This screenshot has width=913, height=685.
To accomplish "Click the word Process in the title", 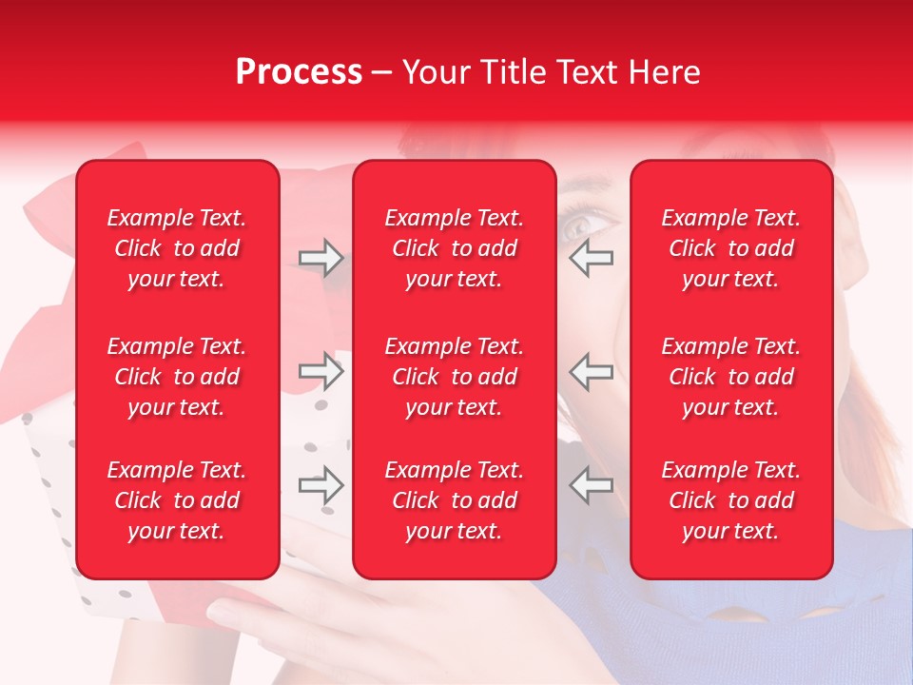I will tap(299, 72).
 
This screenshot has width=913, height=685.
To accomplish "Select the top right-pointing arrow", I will tap(321, 257).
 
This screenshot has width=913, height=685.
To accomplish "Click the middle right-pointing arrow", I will tap(321, 371).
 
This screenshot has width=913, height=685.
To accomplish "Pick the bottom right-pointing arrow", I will tap(321, 485).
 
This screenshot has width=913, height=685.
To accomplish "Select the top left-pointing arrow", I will tap(592, 257).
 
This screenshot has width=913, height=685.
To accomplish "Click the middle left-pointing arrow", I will tap(592, 371).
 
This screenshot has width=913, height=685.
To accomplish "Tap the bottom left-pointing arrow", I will tap(592, 485).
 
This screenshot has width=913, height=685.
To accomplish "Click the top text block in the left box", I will tap(177, 248).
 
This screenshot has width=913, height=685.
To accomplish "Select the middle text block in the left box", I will tap(177, 377).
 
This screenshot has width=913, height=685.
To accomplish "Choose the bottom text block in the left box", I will tap(177, 500).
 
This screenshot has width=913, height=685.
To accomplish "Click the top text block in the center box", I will tap(454, 248).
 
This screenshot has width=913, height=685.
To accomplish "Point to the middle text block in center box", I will tap(454, 377).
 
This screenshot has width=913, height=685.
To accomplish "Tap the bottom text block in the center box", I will tap(454, 500).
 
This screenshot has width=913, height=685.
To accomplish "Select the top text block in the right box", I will tap(731, 248).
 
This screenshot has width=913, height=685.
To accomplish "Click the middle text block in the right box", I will tap(731, 377).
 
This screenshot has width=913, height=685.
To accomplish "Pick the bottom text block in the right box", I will tap(731, 500).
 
